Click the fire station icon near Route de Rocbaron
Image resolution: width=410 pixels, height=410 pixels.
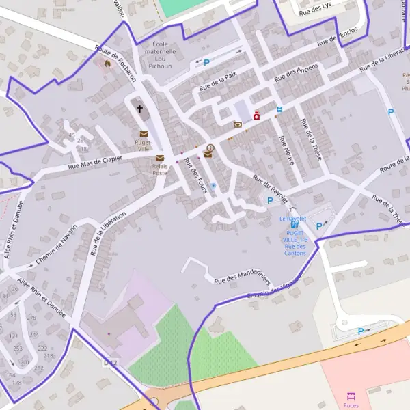click(107, 64)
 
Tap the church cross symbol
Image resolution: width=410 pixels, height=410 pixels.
click(140, 108)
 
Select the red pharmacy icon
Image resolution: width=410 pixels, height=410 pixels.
click(257, 116)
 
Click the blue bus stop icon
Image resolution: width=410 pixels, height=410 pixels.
click(279, 109)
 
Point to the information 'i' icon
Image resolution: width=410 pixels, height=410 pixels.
click(210, 147)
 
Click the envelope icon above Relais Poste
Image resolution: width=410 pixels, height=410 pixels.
click(160, 158)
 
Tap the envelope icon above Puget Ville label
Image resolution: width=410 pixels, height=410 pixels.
click(143, 134)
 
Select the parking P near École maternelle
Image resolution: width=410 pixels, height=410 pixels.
click(206, 62)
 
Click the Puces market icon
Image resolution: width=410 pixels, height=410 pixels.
click(351, 396)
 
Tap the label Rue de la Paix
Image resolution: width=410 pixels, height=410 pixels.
click(217, 83)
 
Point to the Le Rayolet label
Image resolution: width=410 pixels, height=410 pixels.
click(292, 219)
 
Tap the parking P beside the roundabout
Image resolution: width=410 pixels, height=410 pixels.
click(361, 331)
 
